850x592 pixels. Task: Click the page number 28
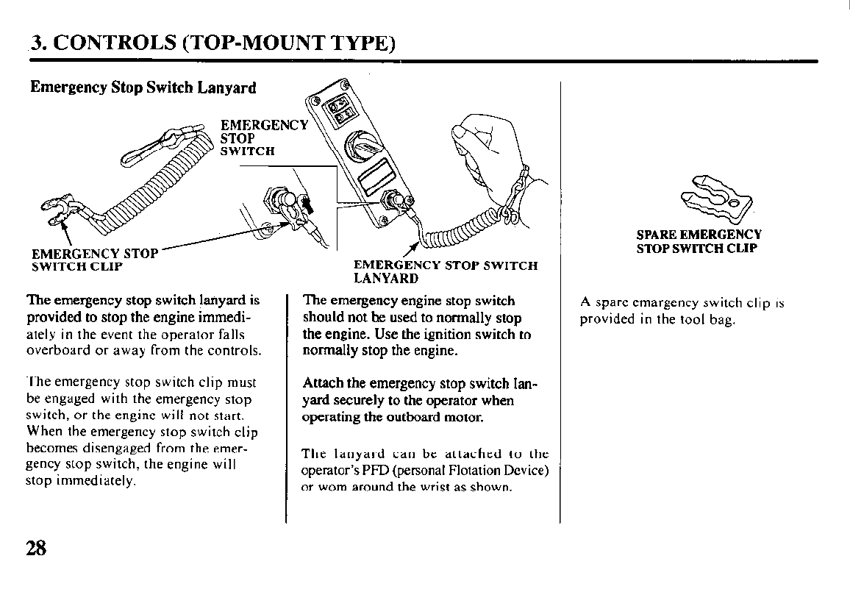coord(36,548)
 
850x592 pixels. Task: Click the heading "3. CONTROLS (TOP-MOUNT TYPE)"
coord(213,43)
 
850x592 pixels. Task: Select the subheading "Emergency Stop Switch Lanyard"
coord(143,88)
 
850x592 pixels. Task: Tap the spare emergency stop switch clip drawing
coord(717,199)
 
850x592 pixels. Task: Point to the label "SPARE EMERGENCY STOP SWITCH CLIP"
coord(699,242)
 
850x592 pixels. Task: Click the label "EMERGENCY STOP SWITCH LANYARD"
coord(446,271)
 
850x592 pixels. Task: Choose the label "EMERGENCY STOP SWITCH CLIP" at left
coord(95,260)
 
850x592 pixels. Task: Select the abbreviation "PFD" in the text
coord(376,470)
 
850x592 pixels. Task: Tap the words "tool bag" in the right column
coord(709,319)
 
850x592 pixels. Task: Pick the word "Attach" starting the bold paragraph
coord(323,383)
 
